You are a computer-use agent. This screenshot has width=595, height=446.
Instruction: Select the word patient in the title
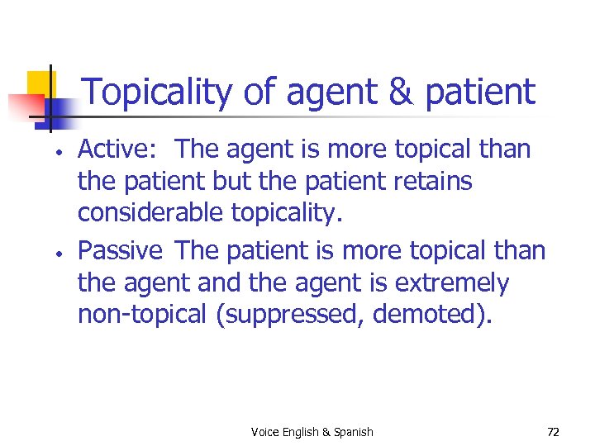point(480,93)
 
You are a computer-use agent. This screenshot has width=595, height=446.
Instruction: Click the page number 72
point(553,432)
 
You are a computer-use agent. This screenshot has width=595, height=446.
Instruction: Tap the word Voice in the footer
point(265,432)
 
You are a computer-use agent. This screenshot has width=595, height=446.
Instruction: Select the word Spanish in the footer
point(353,432)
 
